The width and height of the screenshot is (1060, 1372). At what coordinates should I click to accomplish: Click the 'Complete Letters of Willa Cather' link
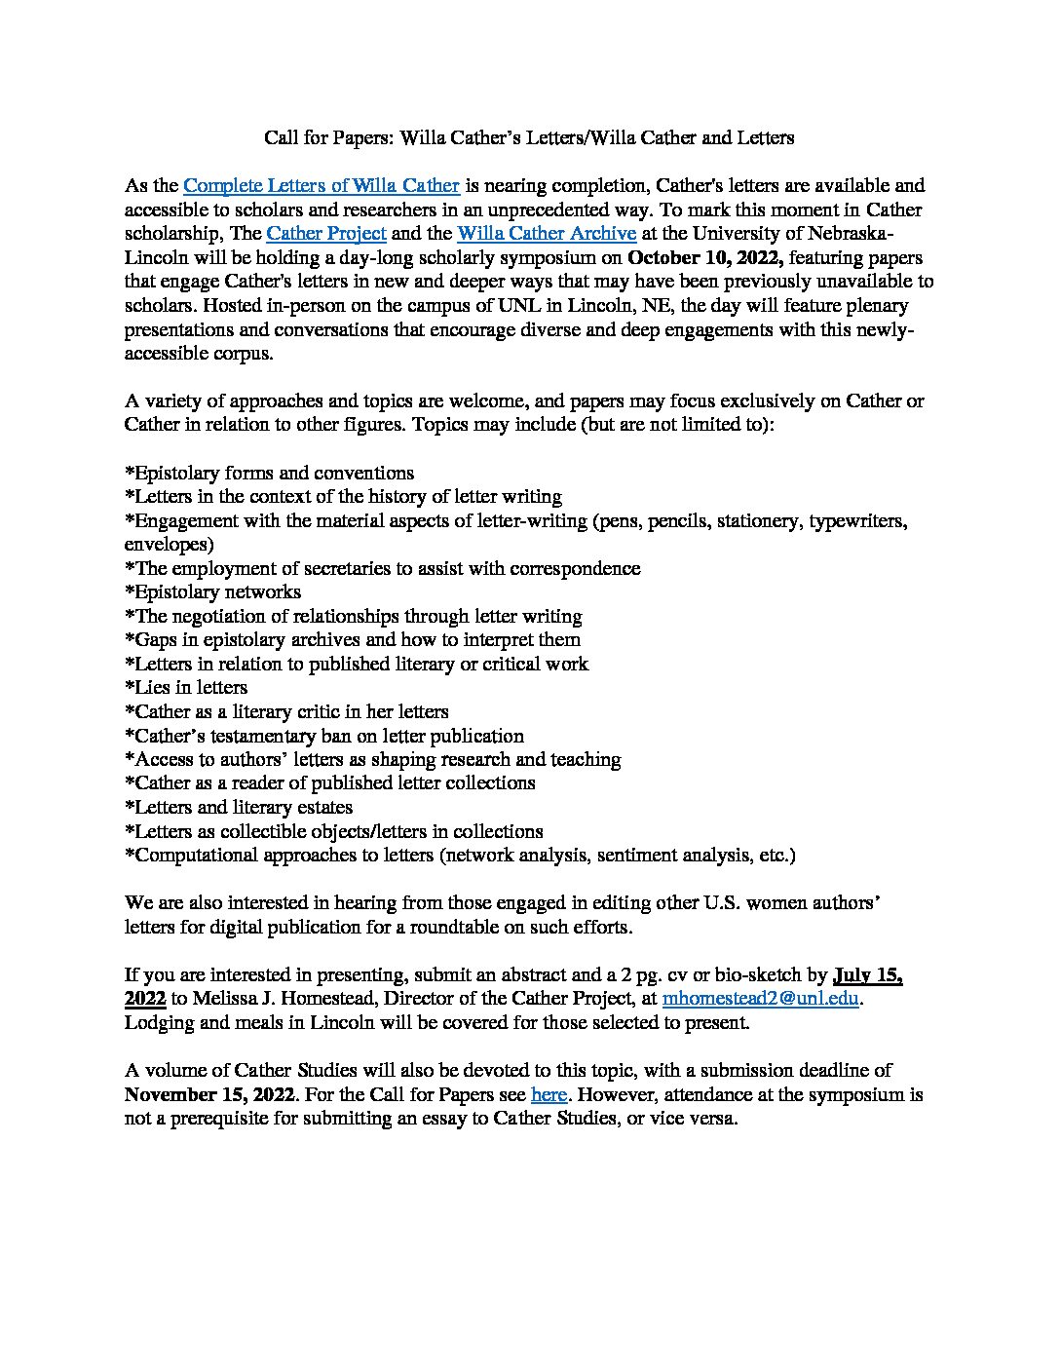click(x=322, y=185)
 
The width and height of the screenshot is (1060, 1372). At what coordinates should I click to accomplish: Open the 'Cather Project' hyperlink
click(x=326, y=234)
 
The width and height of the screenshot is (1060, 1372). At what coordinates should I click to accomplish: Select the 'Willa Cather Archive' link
click(x=547, y=234)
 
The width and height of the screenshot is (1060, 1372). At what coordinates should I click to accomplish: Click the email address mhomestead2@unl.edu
click(x=761, y=999)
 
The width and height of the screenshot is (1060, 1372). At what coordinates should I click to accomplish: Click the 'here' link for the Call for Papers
click(x=549, y=1094)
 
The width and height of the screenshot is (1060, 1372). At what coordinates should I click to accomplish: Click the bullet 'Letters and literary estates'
click(x=239, y=807)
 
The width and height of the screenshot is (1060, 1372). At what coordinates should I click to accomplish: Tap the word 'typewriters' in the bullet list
click(x=857, y=520)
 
